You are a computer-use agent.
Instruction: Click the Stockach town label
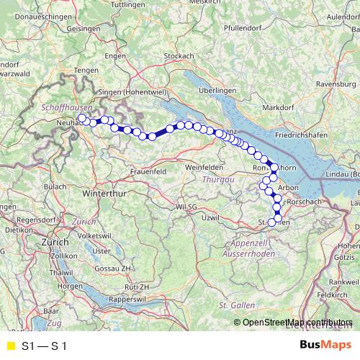click(x=179, y=55)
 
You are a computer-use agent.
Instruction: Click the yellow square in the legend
click(x=9, y=346)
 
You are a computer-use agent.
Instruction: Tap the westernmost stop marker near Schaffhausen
click(x=82, y=118)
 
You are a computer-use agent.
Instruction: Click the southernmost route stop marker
click(x=272, y=222)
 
